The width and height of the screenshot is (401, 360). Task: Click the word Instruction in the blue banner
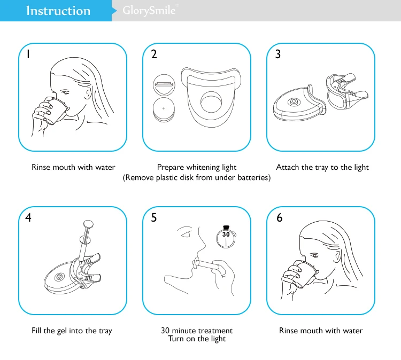[x=58, y=11]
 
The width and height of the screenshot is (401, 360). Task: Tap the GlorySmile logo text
[x=149, y=11]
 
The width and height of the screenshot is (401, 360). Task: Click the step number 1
[x=28, y=54]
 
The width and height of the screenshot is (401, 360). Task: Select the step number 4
[x=28, y=217]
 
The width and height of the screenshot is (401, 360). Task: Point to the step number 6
[x=280, y=217]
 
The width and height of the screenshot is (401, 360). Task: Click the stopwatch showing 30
[x=226, y=237]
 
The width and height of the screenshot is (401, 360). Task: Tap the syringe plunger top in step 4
[x=88, y=224]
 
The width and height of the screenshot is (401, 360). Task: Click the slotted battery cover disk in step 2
[x=164, y=85]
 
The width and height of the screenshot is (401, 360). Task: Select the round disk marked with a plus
[x=164, y=109]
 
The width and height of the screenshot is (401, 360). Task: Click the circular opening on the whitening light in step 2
[x=211, y=102]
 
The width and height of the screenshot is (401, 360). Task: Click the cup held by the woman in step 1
[x=56, y=111]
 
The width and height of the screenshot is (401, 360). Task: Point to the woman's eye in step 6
[x=314, y=255]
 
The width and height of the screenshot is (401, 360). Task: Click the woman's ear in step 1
[x=89, y=94]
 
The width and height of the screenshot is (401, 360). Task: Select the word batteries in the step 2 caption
[x=253, y=177]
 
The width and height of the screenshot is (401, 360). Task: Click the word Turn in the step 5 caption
[x=176, y=339]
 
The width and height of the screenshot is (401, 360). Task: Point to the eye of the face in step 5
[x=186, y=234]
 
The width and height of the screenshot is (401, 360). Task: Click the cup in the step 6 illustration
[x=306, y=274]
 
